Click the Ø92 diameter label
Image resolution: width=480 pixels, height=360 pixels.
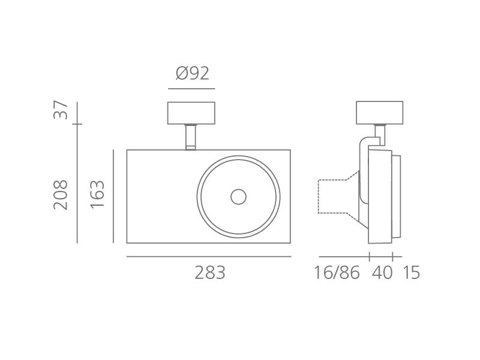[193, 73]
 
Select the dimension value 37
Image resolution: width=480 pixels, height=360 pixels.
[61, 110]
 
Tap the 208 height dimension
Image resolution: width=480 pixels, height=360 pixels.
[61, 194]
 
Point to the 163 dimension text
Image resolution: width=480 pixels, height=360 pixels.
[97, 194]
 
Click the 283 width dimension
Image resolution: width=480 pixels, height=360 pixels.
[210, 272]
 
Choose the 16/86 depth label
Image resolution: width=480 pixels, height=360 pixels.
[337, 272]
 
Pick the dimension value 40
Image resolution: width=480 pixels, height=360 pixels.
[382, 272]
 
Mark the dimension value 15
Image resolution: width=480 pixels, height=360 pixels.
[411, 272]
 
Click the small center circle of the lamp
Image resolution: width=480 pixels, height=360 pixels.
[238, 197]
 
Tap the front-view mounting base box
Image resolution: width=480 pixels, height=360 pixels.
[191, 113]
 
